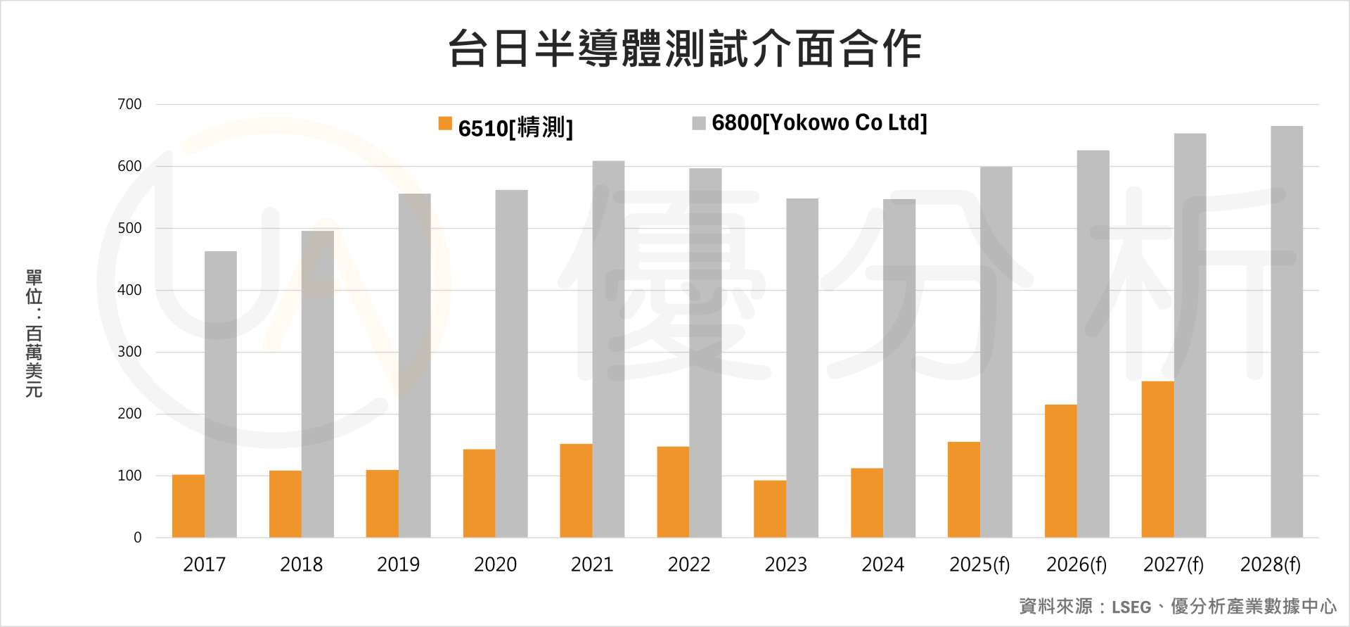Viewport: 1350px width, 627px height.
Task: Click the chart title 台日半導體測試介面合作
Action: pos(685,48)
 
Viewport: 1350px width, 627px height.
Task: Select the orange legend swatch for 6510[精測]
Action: pos(445,124)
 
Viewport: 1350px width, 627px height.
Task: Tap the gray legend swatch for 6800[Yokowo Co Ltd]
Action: pos(698,124)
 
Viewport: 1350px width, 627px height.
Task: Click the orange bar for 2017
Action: pos(188,506)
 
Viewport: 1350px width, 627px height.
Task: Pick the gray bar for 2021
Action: pos(608,349)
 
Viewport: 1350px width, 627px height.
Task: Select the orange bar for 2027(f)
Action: pos(1157,459)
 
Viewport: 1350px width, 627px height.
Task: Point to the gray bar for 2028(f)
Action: pos(1287,331)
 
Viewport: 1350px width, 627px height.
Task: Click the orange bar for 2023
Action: pos(770,509)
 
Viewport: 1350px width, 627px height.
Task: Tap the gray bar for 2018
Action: pos(318,384)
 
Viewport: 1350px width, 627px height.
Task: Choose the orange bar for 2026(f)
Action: pos(1060,471)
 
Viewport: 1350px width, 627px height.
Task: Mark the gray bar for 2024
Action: pos(899,368)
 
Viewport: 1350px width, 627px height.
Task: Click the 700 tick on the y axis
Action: pos(129,104)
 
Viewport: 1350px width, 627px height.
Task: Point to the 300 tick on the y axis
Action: pos(129,352)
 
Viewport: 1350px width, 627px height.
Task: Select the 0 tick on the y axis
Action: pos(138,538)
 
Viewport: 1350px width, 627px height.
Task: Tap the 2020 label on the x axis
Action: pos(495,564)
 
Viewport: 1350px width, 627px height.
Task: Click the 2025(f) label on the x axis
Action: pos(979,564)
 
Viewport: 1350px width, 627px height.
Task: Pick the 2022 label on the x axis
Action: pos(689,564)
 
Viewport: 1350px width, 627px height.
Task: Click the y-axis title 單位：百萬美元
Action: pos(34,333)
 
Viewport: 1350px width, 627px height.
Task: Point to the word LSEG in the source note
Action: pos(1131,607)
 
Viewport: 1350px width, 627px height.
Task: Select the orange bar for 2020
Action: pos(479,493)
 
